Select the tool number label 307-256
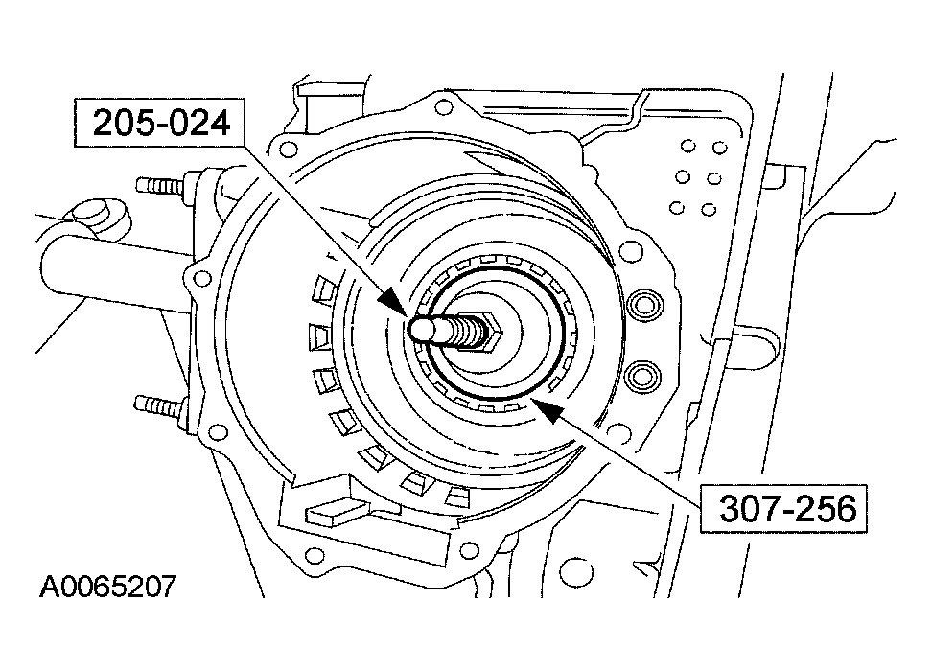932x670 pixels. click(776, 508)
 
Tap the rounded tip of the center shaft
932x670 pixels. click(419, 329)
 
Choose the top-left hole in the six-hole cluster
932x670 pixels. click(686, 147)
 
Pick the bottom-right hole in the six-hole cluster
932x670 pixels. click(710, 209)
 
